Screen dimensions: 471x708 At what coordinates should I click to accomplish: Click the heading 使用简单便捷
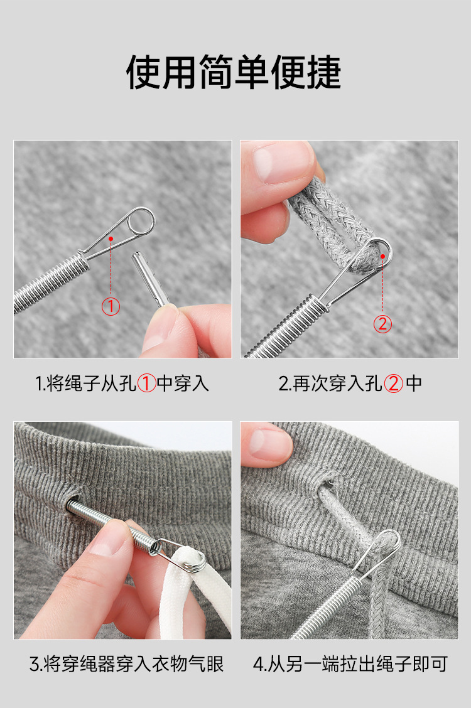point(234,72)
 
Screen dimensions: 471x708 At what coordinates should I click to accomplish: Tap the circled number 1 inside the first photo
point(111,306)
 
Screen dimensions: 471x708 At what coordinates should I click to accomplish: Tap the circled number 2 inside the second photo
point(382,324)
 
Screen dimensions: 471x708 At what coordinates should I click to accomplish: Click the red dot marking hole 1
point(111,239)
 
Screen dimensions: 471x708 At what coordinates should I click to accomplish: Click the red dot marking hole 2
point(382,257)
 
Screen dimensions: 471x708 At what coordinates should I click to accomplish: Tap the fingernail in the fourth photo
point(269,442)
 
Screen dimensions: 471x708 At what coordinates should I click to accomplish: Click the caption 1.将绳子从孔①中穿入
point(122,383)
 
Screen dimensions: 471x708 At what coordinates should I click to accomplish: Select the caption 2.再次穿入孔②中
point(350,383)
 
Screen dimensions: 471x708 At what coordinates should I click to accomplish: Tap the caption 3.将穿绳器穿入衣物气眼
point(127,664)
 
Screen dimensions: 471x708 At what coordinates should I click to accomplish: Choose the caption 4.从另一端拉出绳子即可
point(350,664)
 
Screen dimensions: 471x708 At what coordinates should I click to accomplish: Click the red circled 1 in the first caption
point(146,383)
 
